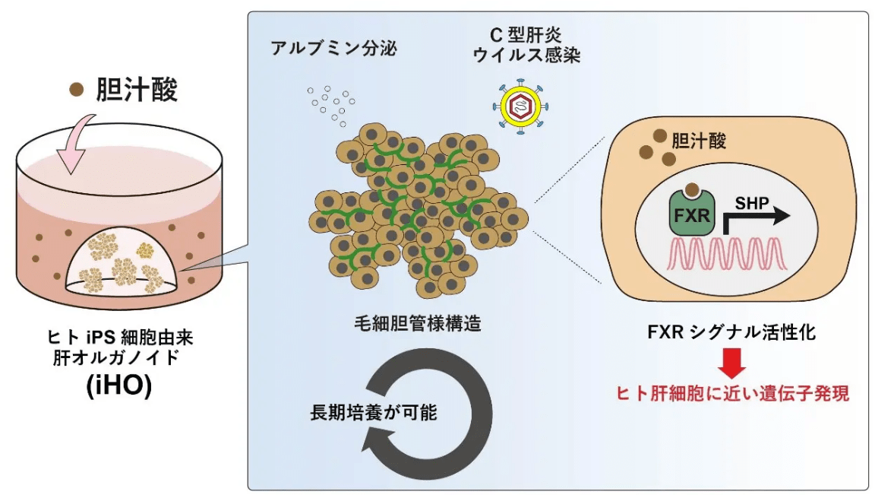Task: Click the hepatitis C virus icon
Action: point(520,106)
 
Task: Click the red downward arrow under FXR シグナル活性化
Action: point(731,363)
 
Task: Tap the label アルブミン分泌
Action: point(333,48)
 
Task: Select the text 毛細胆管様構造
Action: point(418,323)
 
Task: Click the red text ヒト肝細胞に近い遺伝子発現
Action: point(732,394)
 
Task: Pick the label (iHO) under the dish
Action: point(118,386)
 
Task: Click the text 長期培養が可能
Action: point(374,413)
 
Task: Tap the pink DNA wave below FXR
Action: point(728,254)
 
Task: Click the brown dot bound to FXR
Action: point(692,189)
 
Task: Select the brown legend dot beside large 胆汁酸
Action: point(77,89)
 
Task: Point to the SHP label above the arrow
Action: point(752,203)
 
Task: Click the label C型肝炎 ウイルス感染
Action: point(527,46)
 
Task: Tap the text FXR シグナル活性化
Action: point(731,332)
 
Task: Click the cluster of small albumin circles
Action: point(331,105)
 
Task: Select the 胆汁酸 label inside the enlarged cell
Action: point(699,141)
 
